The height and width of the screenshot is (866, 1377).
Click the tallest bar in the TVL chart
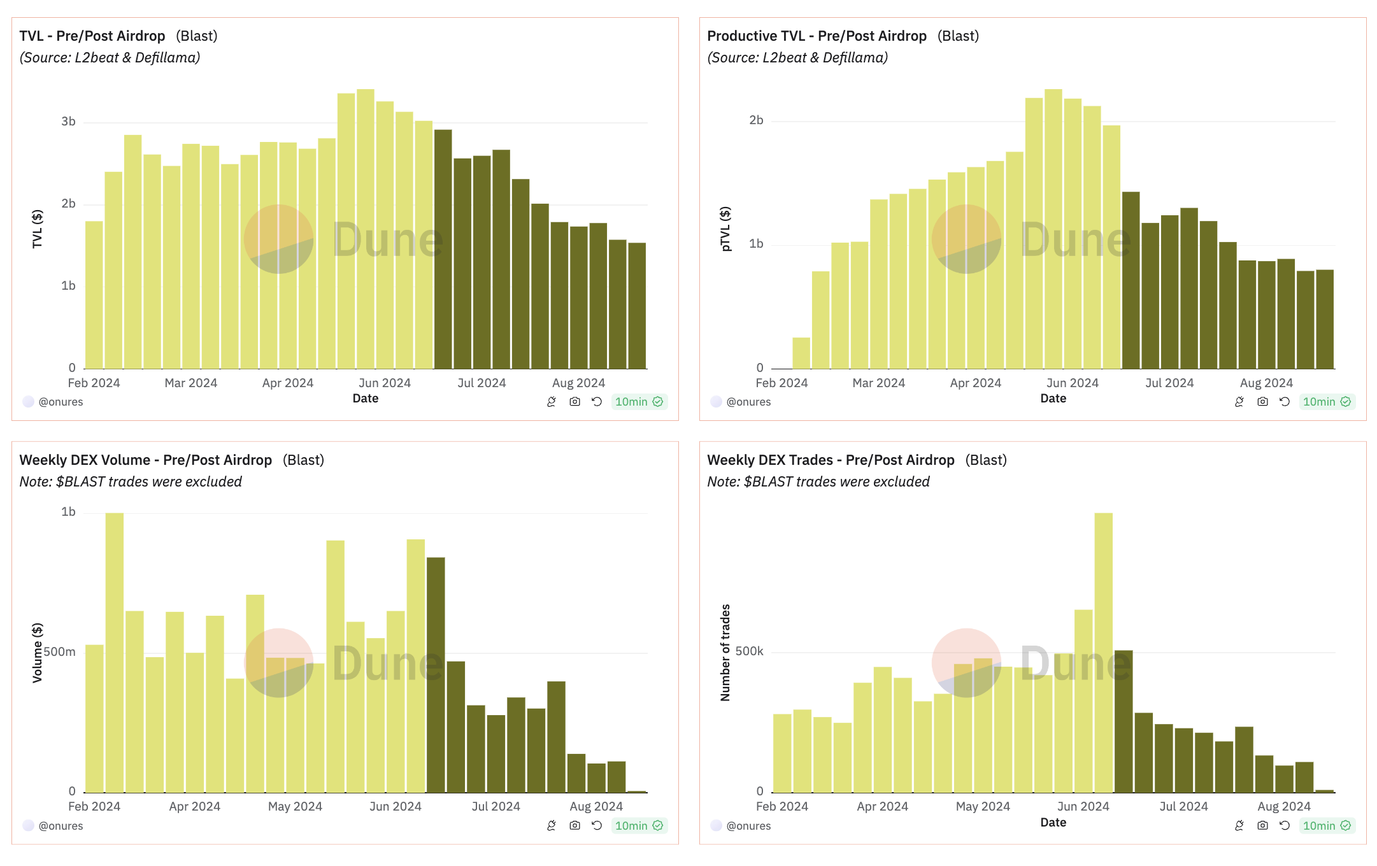tap(365, 229)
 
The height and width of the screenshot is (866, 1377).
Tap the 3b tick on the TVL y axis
tap(68, 122)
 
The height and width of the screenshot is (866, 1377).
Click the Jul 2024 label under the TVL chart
tap(481, 383)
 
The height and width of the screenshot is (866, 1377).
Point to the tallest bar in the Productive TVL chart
tap(1053, 229)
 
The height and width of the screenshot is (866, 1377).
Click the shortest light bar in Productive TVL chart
tap(801, 353)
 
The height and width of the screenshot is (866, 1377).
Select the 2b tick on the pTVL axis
tap(756, 120)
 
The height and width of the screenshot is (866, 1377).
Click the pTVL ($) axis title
tap(725, 229)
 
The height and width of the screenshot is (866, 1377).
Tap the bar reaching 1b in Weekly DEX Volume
tap(115, 653)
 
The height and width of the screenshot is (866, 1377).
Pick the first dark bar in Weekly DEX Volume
tap(436, 675)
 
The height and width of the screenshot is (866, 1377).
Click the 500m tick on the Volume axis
tap(60, 652)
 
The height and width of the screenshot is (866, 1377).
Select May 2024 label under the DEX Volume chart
tap(295, 807)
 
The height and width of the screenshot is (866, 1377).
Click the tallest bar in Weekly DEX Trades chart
tap(1103, 653)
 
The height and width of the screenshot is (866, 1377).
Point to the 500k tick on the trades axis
tap(749, 651)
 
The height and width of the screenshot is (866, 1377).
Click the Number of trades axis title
tap(725, 653)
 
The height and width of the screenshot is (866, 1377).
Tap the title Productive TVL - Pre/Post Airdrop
tap(817, 36)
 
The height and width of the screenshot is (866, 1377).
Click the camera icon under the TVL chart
tap(574, 402)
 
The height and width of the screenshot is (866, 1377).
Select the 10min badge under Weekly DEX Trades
tap(1327, 826)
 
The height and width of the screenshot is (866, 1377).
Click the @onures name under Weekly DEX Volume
tap(61, 826)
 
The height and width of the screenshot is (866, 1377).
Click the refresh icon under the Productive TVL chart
tap(1285, 402)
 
